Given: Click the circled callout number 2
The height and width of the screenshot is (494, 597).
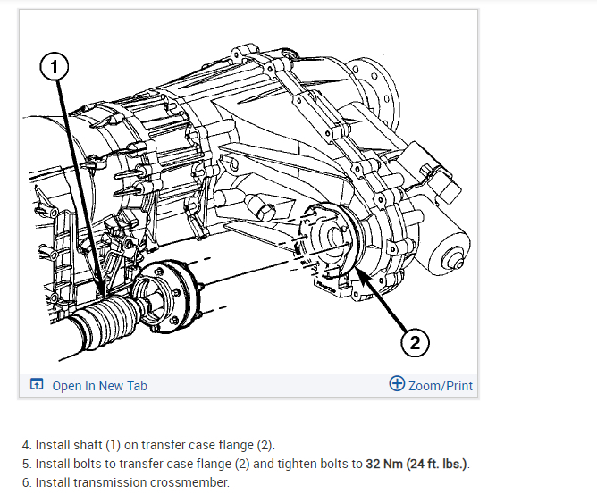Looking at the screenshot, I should click(x=414, y=341).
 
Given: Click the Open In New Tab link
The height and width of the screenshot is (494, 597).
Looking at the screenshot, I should click(x=99, y=386).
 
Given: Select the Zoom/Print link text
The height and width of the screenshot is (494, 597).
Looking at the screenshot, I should click(x=441, y=386).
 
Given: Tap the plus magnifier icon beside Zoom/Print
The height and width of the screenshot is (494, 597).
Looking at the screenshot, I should click(x=398, y=384).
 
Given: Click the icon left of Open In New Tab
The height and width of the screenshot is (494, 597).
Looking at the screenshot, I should click(x=37, y=386).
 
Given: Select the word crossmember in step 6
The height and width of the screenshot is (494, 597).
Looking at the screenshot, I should click(x=193, y=483).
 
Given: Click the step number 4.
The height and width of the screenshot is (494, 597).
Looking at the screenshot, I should click(x=26, y=444).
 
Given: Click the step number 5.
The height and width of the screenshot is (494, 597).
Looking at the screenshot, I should click(x=26, y=464).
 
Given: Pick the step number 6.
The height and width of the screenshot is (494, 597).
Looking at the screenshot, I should click(x=26, y=483).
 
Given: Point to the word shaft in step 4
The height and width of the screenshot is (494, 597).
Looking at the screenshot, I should click(x=90, y=444).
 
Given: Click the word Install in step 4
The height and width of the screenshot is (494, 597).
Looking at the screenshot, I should click(x=52, y=444).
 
